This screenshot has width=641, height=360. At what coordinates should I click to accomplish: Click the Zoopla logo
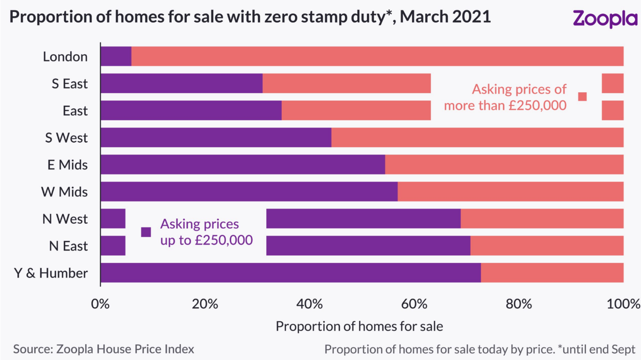pos(604,19)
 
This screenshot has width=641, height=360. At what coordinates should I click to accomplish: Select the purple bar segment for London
pos(116,57)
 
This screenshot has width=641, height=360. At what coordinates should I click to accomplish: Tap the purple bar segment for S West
pos(216,137)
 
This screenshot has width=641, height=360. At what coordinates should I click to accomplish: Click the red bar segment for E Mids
pos(504,165)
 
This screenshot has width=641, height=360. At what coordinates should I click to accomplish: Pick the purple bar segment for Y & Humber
pos(290,273)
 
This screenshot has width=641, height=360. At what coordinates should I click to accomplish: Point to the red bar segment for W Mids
pos(510,191)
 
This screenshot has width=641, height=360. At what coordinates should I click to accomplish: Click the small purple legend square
pos(146,232)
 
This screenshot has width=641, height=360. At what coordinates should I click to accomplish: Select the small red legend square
pos(582,97)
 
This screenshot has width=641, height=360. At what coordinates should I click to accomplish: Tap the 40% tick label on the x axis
pos(309,304)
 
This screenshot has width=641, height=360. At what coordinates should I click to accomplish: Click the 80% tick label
pos(518,304)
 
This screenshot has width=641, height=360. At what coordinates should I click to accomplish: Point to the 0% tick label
pos(100,304)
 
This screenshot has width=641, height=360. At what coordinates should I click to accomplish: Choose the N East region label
pos(68,246)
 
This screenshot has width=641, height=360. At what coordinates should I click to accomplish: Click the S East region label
pos(69,84)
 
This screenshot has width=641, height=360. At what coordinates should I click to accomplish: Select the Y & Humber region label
pos(51,273)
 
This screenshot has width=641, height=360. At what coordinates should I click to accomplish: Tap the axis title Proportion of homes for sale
pos(359,326)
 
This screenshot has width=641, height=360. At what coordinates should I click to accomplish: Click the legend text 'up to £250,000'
pos(206,240)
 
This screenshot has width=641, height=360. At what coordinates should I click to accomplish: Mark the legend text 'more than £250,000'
pos(505,105)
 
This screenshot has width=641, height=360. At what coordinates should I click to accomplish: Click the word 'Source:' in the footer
pos(33,349)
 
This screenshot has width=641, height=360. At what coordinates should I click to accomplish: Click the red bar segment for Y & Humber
pos(552,273)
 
